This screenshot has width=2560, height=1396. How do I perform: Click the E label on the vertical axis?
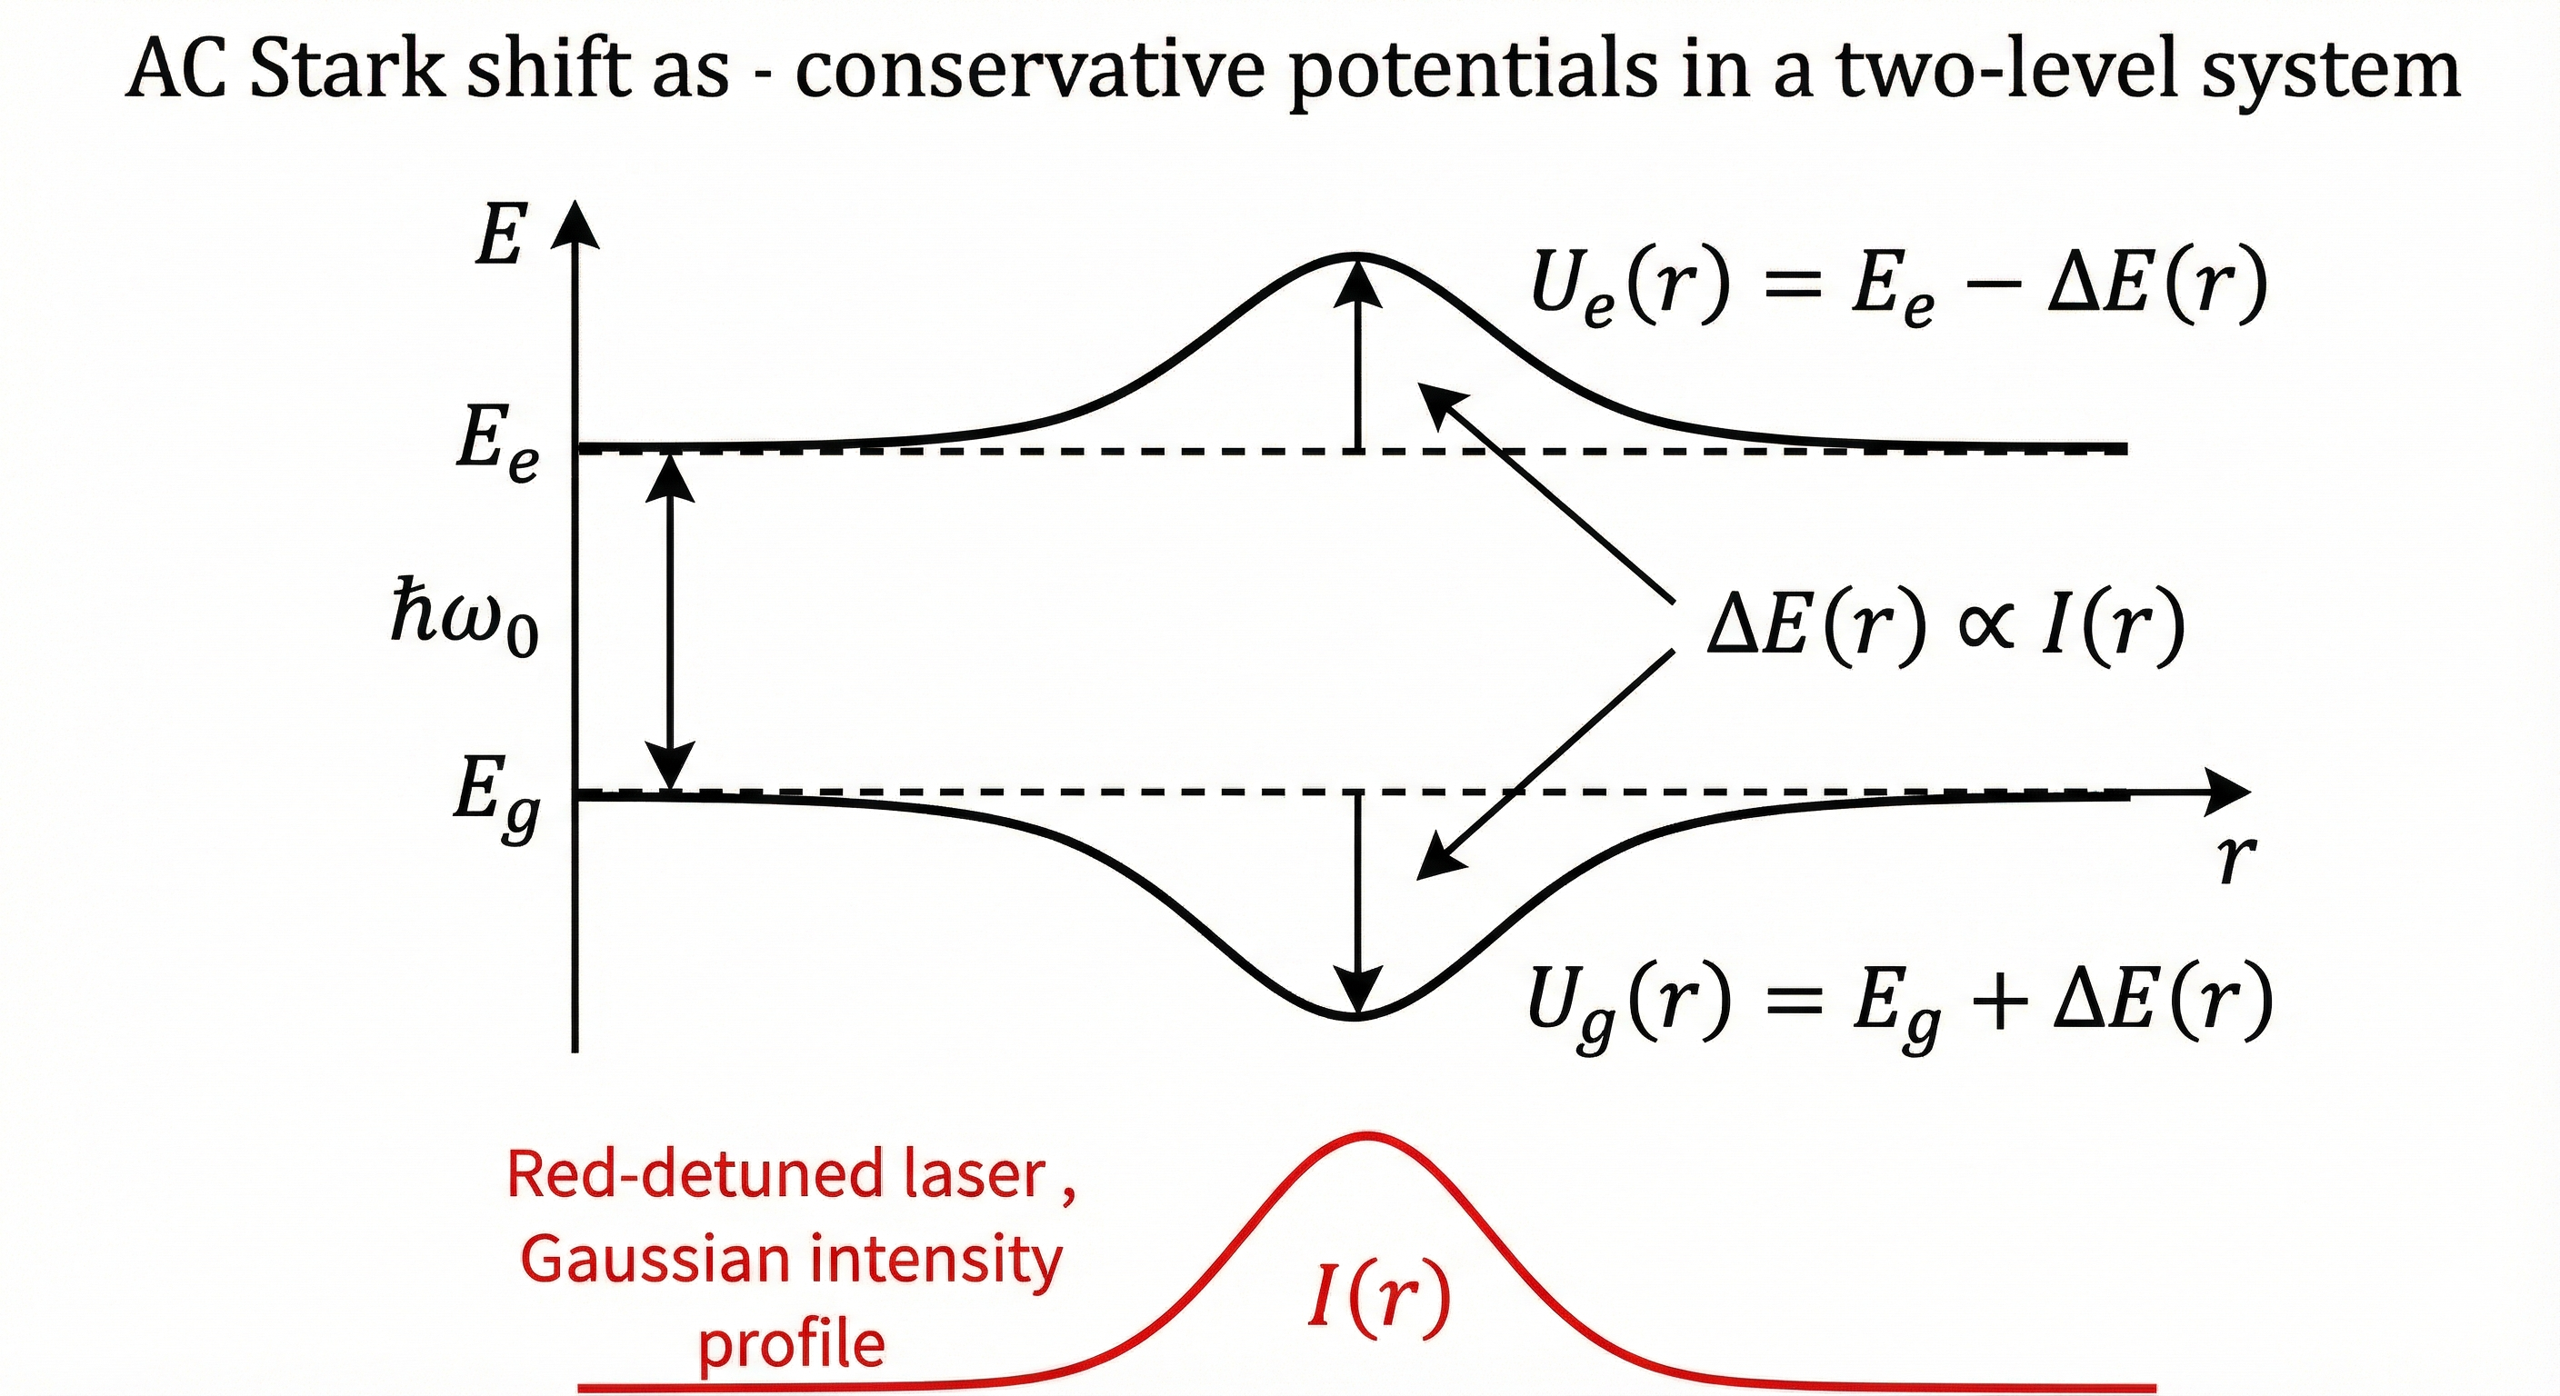tap(499, 236)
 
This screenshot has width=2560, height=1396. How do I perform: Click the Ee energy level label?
tap(497, 442)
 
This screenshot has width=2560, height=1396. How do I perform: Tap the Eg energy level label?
tap(495, 797)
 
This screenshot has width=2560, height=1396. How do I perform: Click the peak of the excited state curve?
tap(1357, 256)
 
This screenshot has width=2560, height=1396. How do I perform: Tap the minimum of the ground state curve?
tap(1357, 1016)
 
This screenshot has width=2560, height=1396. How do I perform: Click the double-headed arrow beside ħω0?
tap(672, 621)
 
